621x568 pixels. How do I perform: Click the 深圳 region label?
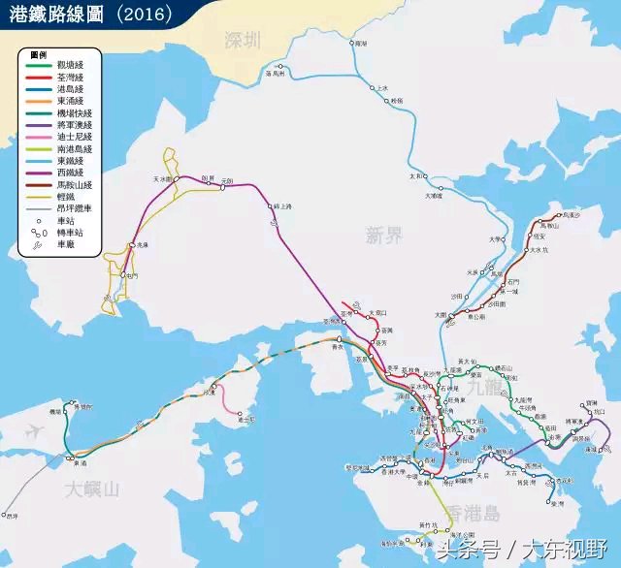point(242,41)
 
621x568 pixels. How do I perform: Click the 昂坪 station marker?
point(5,514)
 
